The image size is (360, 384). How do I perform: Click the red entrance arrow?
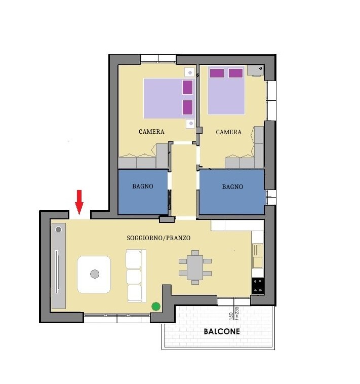(79, 202)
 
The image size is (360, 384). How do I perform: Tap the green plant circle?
(156, 306)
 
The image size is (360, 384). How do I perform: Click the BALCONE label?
(222, 332)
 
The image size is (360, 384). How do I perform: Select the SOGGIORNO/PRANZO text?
(158, 238)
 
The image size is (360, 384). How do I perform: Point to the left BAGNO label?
(143, 186)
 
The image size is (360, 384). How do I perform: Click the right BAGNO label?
(232, 187)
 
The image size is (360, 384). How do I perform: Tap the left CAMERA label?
(151, 132)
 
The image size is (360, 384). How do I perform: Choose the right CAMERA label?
(228, 132)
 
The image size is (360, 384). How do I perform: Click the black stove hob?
(258, 286)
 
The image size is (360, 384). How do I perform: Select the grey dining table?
(195, 267)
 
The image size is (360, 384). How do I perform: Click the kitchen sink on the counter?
(258, 256)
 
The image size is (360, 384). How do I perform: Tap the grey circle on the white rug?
(95, 274)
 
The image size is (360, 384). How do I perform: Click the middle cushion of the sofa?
(134, 277)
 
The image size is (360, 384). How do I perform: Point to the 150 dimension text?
(231, 316)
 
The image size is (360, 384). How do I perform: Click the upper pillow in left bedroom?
(187, 88)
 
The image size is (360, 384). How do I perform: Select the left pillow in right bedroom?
(217, 73)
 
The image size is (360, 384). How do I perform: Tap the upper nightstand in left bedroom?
(189, 72)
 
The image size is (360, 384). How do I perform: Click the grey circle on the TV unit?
(58, 229)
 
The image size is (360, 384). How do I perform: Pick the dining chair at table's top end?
(195, 253)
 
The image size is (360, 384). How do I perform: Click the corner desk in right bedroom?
(256, 71)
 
